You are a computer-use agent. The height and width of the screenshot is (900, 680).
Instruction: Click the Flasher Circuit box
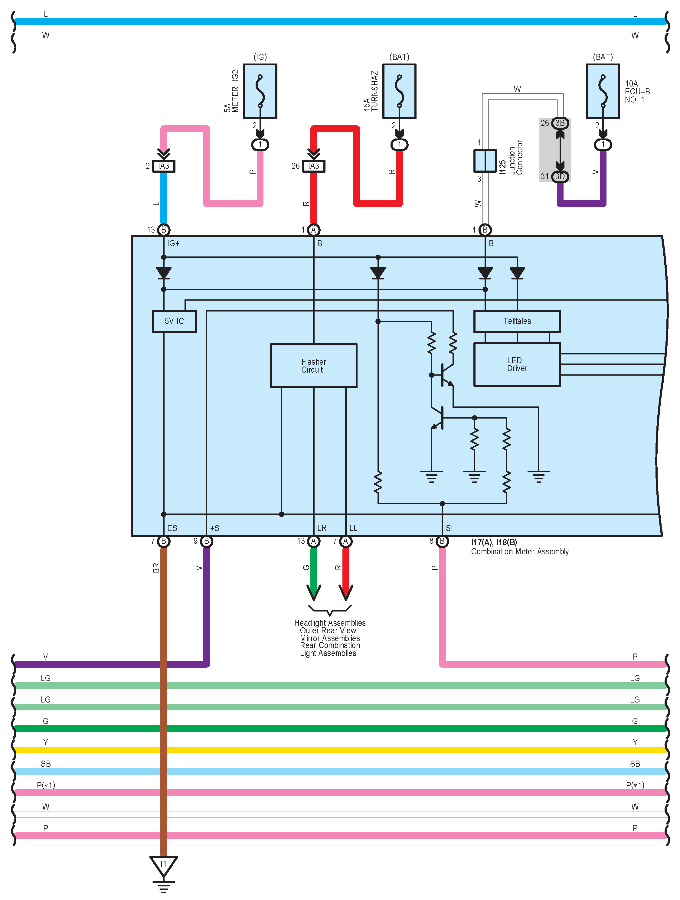coord(313,365)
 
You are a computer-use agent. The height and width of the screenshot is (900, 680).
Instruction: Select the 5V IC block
coord(174,321)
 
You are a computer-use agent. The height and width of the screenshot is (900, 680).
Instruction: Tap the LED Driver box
coord(517,364)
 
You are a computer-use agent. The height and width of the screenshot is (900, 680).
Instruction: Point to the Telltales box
coord(517,321)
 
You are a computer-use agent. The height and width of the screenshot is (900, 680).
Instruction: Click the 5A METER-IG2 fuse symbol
coord(260,91)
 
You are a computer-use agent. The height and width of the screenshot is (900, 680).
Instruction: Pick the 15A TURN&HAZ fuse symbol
coord(399,91)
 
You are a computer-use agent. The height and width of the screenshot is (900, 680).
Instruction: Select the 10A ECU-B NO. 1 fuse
coord(603,91)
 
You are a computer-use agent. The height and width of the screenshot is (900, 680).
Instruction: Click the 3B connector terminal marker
coord(560,123)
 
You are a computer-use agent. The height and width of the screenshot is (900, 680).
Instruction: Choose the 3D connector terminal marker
coord(560,177)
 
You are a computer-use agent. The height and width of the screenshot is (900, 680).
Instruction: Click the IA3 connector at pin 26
coord(313,166)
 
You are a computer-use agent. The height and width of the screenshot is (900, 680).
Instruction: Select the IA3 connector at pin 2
coord(164,166)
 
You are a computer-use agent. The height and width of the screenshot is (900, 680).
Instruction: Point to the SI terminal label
coord(449,528)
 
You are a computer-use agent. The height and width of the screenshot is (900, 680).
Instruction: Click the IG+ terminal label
coord(173,243)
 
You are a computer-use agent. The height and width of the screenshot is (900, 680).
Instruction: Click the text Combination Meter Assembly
coord(520,552)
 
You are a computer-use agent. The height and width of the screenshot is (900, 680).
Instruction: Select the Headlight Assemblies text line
coord(330,623)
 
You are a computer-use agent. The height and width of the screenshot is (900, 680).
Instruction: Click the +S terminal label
coord(214,528)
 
